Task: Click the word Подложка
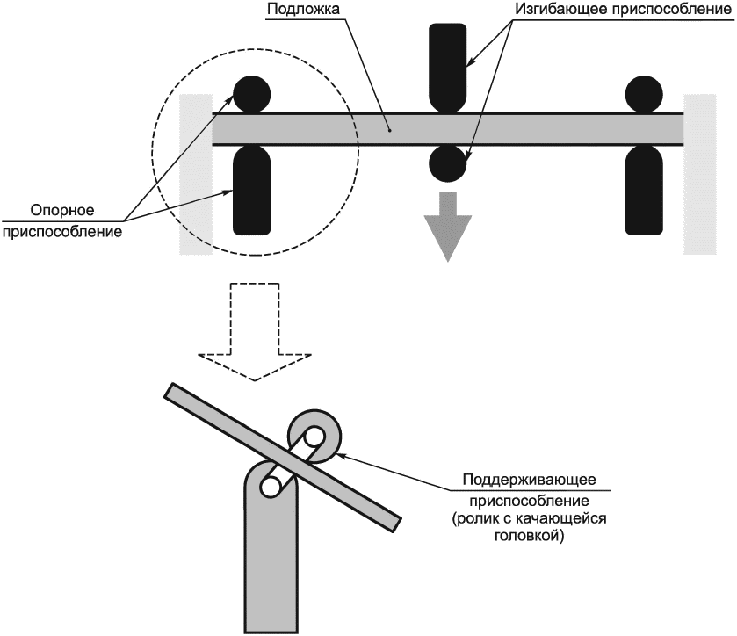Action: click(303, 10)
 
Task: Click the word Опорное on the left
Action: click(62, 210)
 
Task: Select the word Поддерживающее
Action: click(529, 480)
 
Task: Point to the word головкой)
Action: click(529, 536)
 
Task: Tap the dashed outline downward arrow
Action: click(255, 332)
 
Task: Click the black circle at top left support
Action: click(252, 94)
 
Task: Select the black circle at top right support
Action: click(644, 94)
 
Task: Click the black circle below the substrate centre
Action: click(448, 163)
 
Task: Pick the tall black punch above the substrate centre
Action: click(448, 69)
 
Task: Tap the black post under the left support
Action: click(252, 190)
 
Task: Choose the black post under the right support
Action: click(644, 190)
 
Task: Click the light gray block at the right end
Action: click(700, 174)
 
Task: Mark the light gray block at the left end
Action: click(196, 174)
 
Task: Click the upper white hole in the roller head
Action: click(314, 437)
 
